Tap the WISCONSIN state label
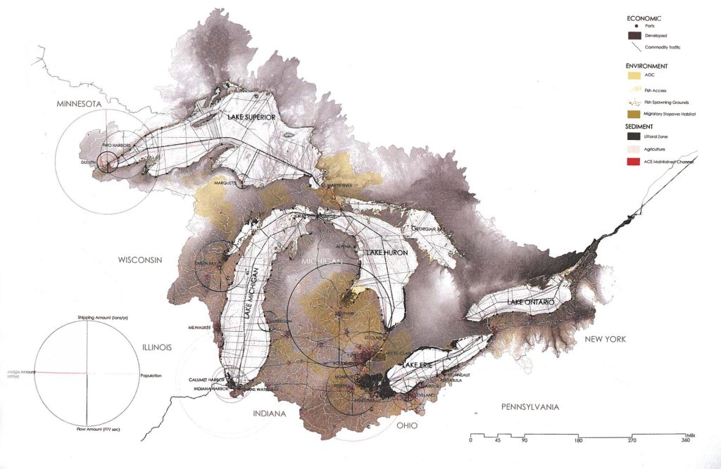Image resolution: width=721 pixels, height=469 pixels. click(141, 259)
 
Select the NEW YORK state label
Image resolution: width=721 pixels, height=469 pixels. click(606, 340)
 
